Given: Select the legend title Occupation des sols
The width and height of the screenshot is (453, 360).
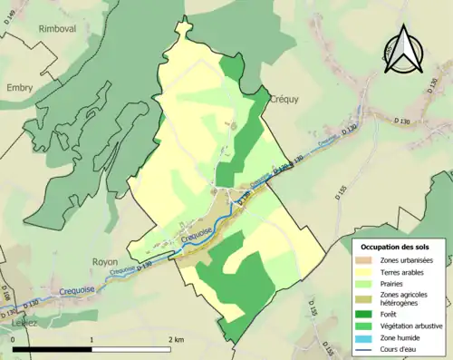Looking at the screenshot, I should point(396,247).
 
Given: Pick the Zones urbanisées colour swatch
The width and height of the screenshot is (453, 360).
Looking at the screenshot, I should point(370,260).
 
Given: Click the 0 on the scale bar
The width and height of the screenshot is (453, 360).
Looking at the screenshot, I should point(14,339).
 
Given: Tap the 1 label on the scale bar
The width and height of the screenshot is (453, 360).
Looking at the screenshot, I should point(92,339).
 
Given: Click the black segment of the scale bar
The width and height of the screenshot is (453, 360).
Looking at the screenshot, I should point(53,349).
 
